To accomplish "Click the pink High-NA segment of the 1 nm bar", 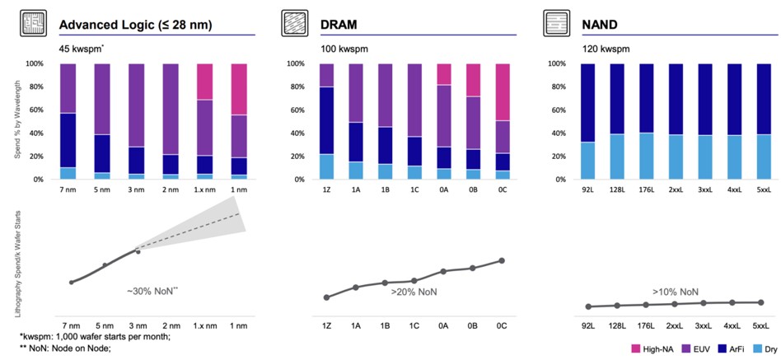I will (x=239, y=89).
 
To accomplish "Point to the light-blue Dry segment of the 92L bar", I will (x=587, y=160).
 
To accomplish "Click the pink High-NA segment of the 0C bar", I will (x=501, y=92).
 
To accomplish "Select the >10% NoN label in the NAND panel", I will (x=676, y=292).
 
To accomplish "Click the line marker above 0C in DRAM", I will (x=501, y=260).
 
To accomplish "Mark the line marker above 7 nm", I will (x=71, y=283).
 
